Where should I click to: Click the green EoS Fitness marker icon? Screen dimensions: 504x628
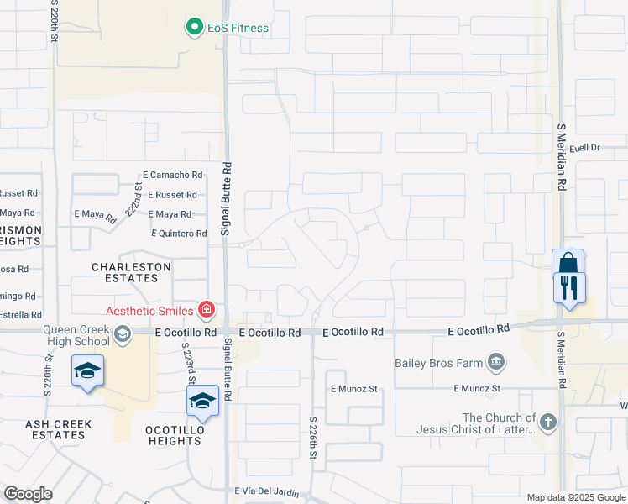tap(195, 28)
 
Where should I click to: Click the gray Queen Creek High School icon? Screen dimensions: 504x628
tap(123, 335)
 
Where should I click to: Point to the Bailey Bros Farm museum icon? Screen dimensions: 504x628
tap(497, 363)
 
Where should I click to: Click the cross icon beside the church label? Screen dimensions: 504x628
tap(548, 423)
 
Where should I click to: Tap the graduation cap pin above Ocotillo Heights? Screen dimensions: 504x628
tap(202, 401)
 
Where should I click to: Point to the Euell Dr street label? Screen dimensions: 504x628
tap(585, 148)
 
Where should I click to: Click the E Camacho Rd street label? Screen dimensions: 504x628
tap(173, 175)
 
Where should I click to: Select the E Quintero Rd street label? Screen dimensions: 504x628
tap(179, 234)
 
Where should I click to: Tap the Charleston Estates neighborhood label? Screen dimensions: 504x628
tap(131, 273)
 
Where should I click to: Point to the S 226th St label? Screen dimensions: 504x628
tap(313, 437)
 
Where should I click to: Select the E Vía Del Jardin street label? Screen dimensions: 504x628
tap(269, 491)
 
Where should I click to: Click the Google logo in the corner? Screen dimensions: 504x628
tap(28, 494)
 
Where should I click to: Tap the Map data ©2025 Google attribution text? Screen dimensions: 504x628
tap(574, 497)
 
